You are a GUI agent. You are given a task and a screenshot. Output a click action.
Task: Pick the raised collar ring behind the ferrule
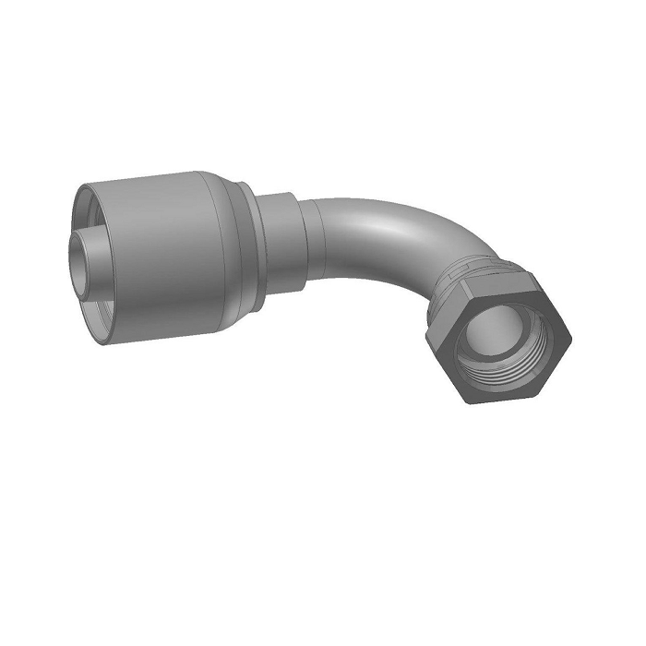248,231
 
